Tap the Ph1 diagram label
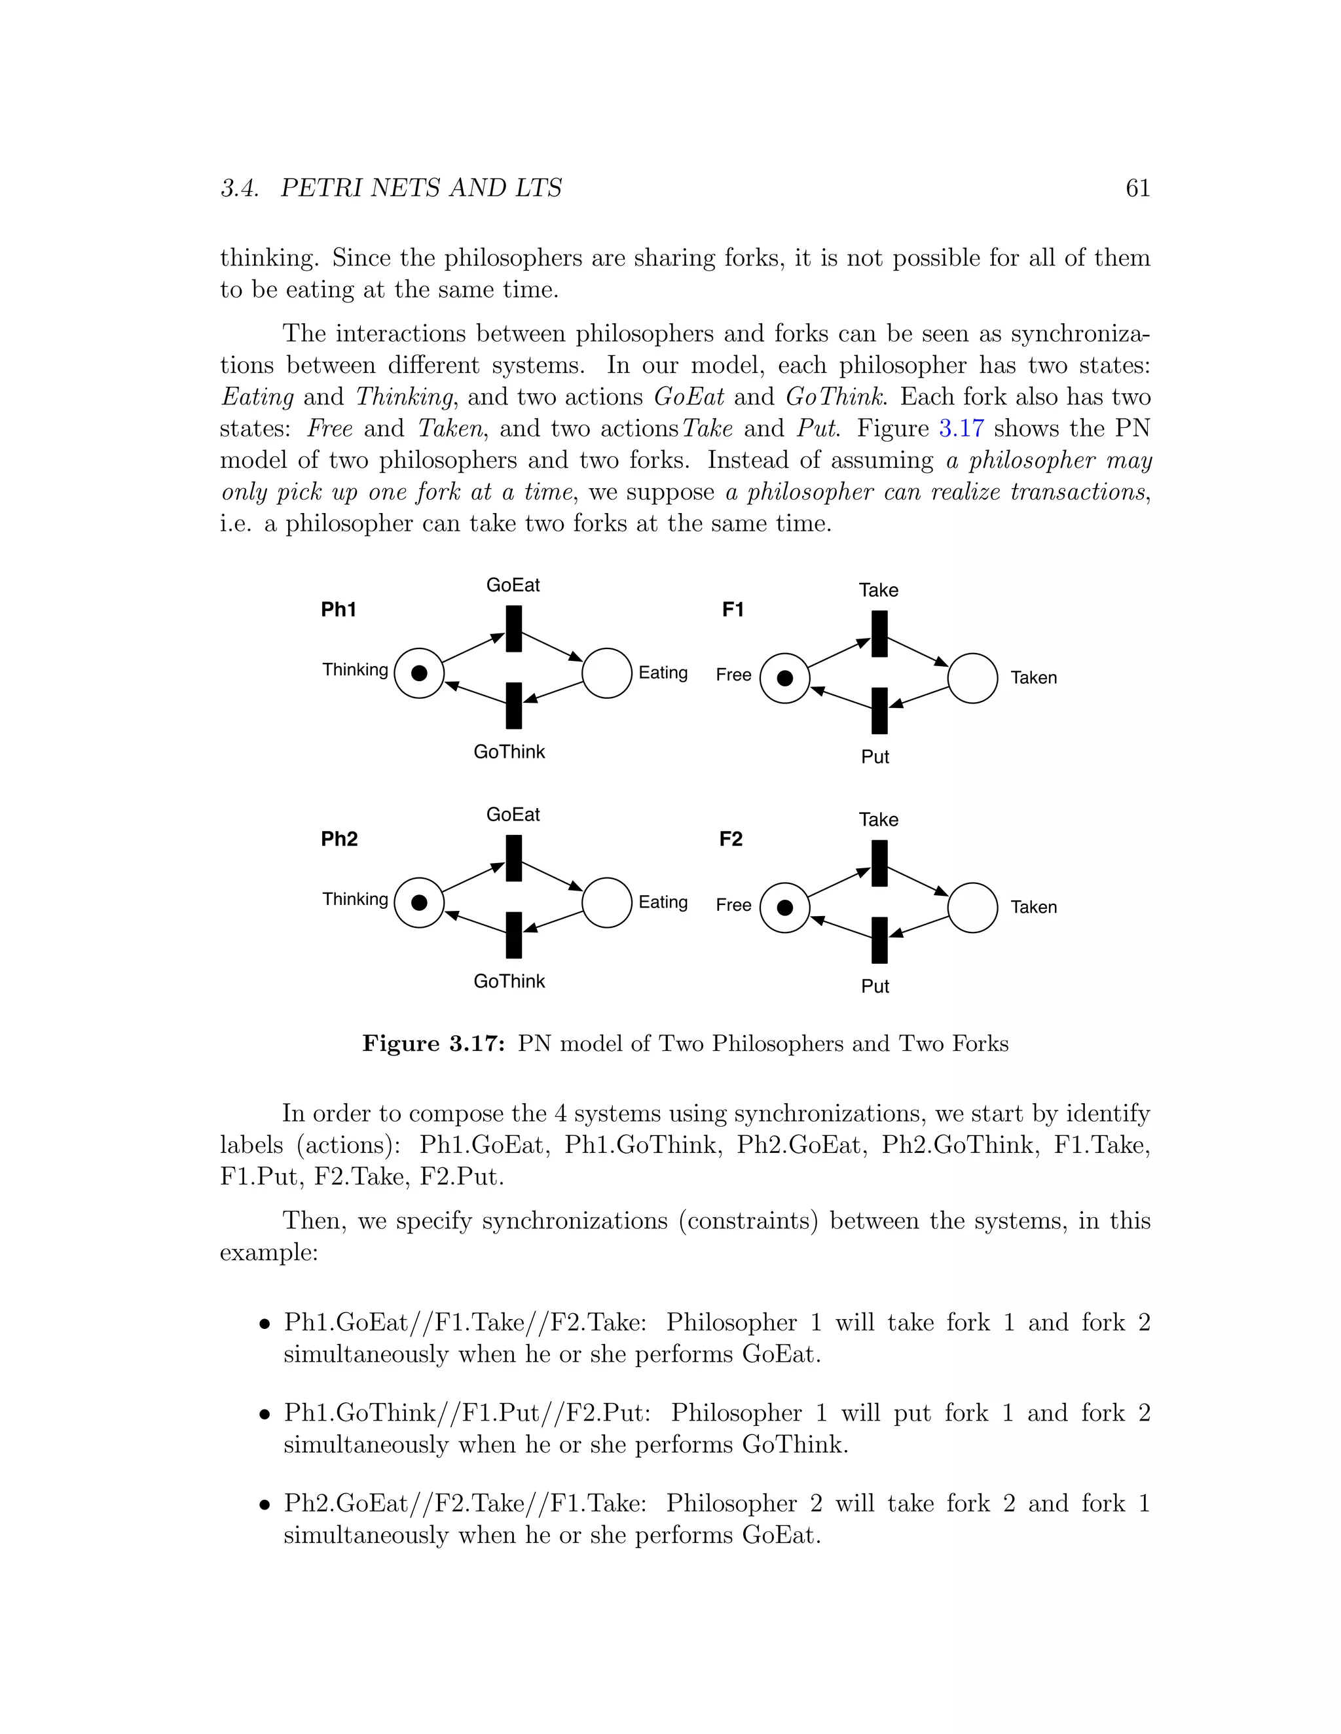(339, 609)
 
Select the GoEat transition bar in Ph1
(514, 629)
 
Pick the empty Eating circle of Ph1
(607, 673)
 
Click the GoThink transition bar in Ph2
(514, 934)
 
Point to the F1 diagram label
(733, 609)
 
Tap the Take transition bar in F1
(879, 633)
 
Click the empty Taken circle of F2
(972, 908)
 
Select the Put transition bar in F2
(879, 940)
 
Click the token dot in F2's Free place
(785, 908)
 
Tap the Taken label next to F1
(1033, 677)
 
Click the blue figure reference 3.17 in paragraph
(961, 429)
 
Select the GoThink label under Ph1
(509, 751)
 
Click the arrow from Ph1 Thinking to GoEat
(473, 648)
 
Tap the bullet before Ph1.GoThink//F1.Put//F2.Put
(265, 1415)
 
